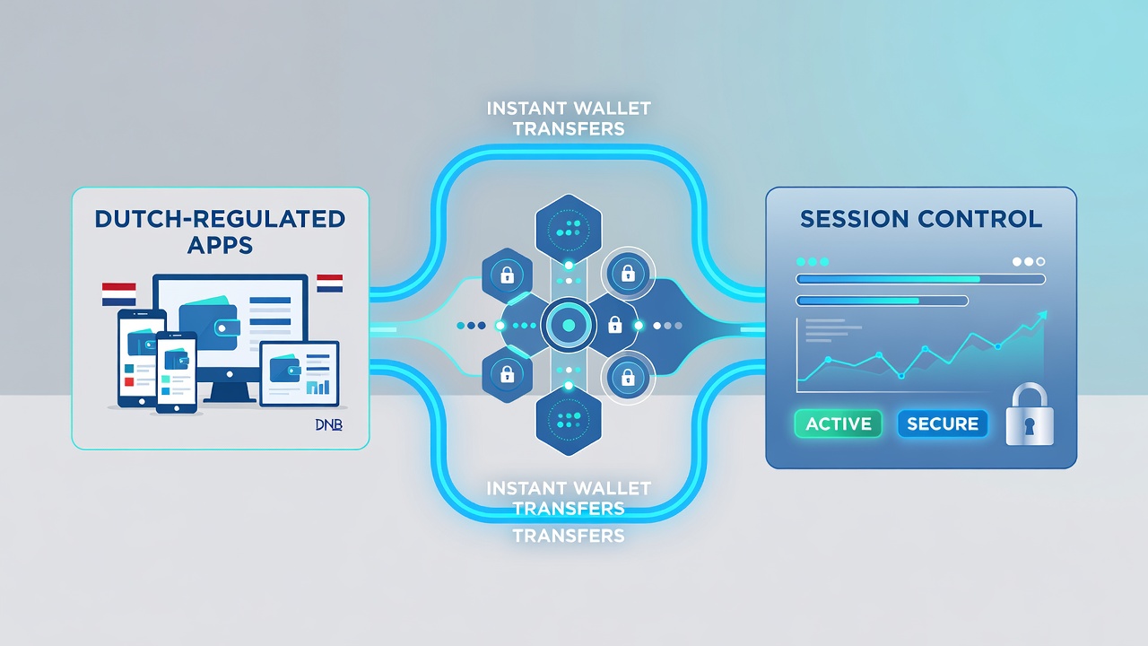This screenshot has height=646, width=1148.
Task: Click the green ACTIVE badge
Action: pos(838,424)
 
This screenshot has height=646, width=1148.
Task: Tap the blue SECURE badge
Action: pos(943,424)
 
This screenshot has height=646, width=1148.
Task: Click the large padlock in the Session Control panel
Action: pos(1030,415)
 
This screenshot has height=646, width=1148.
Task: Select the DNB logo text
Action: pos(328,424)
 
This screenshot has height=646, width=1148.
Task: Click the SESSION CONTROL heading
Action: pos(921,219)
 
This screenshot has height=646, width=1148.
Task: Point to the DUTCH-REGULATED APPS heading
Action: pos(220,231)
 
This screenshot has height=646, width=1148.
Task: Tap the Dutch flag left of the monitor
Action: pos(119,293)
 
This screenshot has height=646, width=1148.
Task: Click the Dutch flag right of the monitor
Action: pos(329,284)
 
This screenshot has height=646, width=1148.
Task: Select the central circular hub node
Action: pos(569,325)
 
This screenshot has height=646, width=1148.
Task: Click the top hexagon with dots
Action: pos(569,229)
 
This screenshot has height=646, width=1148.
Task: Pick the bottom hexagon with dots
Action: pos(569,421)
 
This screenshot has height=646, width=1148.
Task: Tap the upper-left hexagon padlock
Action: pos(507,275)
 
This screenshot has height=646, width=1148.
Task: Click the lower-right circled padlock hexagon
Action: pos(628,378)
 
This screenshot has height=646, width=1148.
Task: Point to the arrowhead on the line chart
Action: pos(1041,317)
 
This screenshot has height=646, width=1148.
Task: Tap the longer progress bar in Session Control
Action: pos(920,279)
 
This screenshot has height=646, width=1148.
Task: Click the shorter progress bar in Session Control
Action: pos(882,301)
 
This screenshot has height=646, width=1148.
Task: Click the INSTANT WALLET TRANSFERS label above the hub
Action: pos(569,118)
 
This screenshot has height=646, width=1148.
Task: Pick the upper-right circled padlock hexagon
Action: pos(628,275)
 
